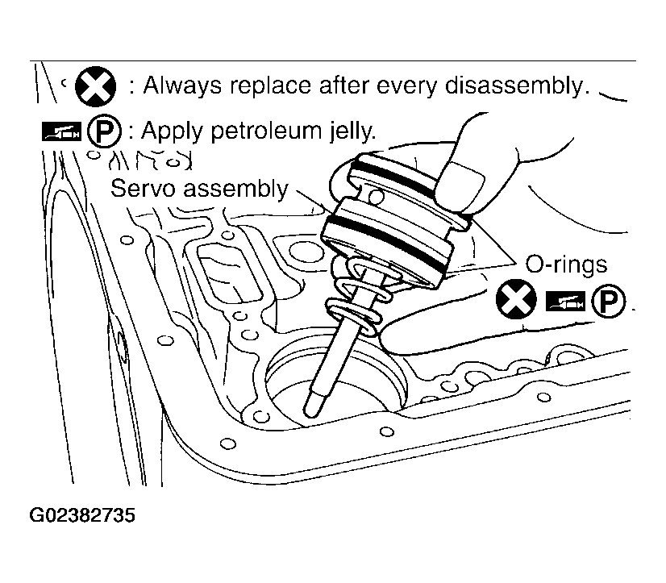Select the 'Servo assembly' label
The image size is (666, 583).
pyautogui.click(x=199, y=189)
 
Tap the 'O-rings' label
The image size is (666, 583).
pyautogui.click(x=566, y=264)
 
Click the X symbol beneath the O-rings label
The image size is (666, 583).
pyautogui.click(x=516, y=302)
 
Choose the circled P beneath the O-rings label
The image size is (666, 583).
pyautogui.click(x=609, y=302)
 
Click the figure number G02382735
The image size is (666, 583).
pyautogui.click(x=81, y=514)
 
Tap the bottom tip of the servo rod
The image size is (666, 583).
pyautogui.click(x=310, y=410)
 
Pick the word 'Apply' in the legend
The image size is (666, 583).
pyautogui.click(x=173, y=131)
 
